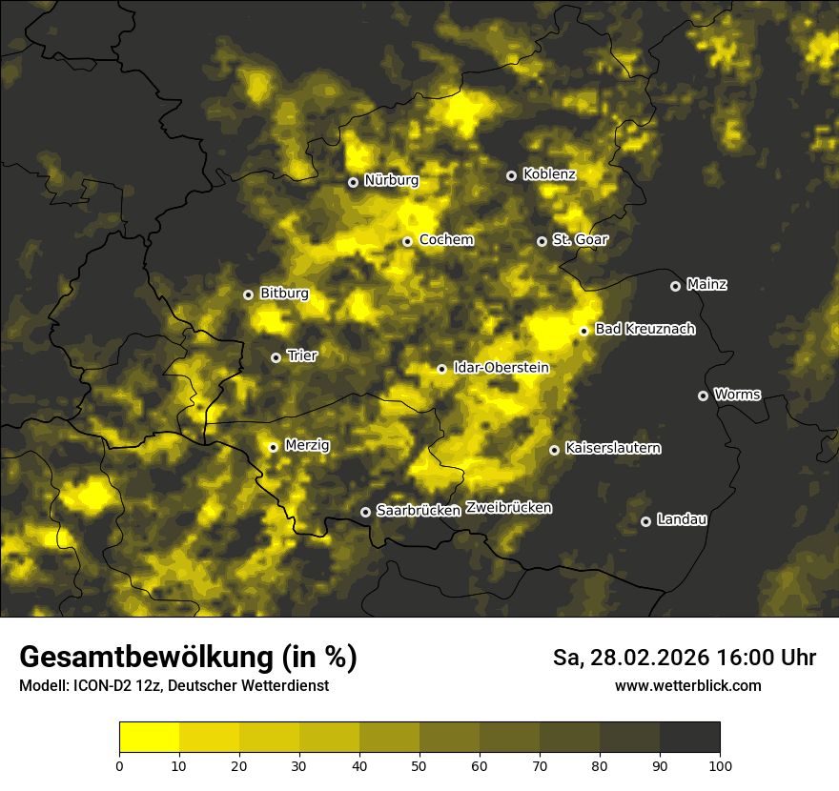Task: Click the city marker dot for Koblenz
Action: point(511,175)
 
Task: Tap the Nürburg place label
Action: point(391,180)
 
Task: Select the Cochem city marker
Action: point(407,241)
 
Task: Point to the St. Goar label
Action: point(580,239)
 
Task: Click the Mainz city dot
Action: point(675,286)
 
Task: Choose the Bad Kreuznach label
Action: point(645,329)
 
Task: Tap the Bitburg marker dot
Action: point(248,294)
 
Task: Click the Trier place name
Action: point(301,355)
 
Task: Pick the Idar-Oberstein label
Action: point(501,367)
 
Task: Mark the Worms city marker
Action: point(703,395)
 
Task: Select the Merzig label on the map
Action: point(306,445)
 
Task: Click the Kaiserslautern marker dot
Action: point(554,450)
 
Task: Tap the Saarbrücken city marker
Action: point(365,512)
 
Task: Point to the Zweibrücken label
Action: point(509,508)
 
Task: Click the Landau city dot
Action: point(645,521)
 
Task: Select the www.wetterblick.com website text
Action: point(688,685)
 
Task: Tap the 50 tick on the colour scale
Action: point(419,765)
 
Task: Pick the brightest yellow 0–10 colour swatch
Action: point(149,737)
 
